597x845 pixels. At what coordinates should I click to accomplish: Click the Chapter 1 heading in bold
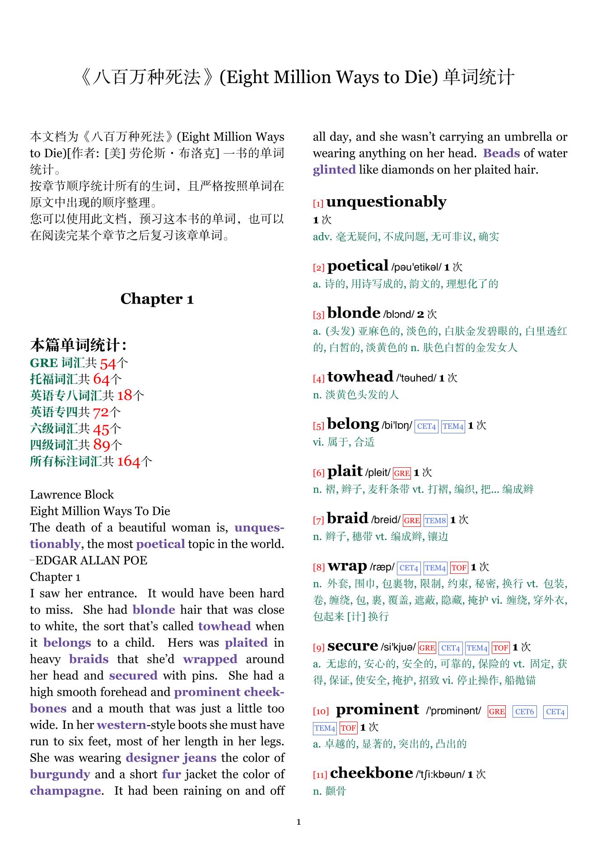tap(157, 299)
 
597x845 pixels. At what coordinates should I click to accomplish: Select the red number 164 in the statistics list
tap(129, 461)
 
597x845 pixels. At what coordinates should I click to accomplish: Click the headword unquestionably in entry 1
tap(386, 202)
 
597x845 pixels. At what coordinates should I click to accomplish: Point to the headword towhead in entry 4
tap(360, 376)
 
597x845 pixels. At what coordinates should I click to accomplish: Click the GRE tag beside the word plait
tap(401, 473)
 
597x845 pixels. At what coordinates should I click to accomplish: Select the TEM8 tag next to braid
tap(435, 521)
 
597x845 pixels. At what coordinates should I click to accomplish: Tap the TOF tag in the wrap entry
tap(459, 568)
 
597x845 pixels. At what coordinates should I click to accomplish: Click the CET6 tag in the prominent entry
tap(524, 712)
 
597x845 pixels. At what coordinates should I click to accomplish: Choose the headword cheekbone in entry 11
tap(371, 773)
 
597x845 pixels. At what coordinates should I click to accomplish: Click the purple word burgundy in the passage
tap(60, 775)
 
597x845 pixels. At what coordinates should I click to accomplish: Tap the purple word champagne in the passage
tap(65, 791)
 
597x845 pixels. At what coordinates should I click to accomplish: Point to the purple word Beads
tap(501, 153)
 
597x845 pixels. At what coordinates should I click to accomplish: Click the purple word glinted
tap(334, 170)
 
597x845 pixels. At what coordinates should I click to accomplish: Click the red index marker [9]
tap(319, 648)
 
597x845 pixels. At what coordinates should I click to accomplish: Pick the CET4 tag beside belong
tap(426, 426)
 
